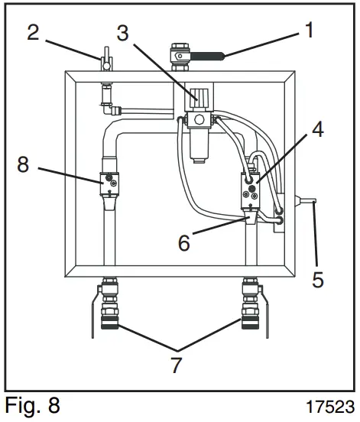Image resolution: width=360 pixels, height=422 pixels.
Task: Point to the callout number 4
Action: (x=316, y=131)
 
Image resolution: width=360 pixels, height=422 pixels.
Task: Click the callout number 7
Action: (x=177, y=365)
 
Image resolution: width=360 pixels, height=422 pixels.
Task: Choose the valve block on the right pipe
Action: (x=252, y=191)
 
